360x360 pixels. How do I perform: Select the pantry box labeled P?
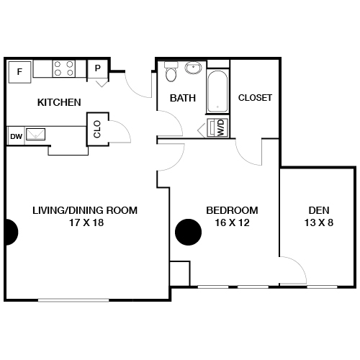(97, 69)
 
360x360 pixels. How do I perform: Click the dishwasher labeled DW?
(16, 135)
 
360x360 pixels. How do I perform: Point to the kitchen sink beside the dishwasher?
(37, 134)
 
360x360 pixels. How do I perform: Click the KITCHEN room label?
(59, 102)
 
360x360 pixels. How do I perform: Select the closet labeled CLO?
(97, 128)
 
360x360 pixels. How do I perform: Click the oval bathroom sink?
(193, 69)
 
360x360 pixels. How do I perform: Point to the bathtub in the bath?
(217, 91)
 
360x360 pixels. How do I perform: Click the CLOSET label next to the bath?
(255, 98)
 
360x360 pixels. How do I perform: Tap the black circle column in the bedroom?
(189, 232)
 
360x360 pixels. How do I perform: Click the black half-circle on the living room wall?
(11, 232)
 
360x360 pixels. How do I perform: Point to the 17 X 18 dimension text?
(85, 223)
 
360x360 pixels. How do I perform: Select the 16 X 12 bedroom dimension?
(232, 223)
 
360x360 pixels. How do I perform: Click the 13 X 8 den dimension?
(318, 223)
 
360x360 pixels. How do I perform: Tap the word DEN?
(318, 210)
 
